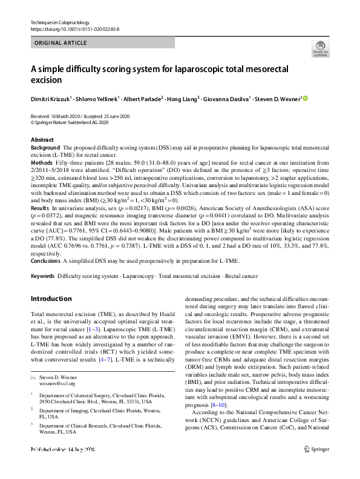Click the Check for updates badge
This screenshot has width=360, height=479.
320,49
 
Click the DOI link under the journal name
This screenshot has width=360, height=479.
70,29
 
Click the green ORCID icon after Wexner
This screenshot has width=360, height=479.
306,98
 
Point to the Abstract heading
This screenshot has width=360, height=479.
42,140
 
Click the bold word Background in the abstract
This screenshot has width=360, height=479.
45,148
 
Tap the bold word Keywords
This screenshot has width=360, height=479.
42,276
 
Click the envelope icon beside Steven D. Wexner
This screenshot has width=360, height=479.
34,377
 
